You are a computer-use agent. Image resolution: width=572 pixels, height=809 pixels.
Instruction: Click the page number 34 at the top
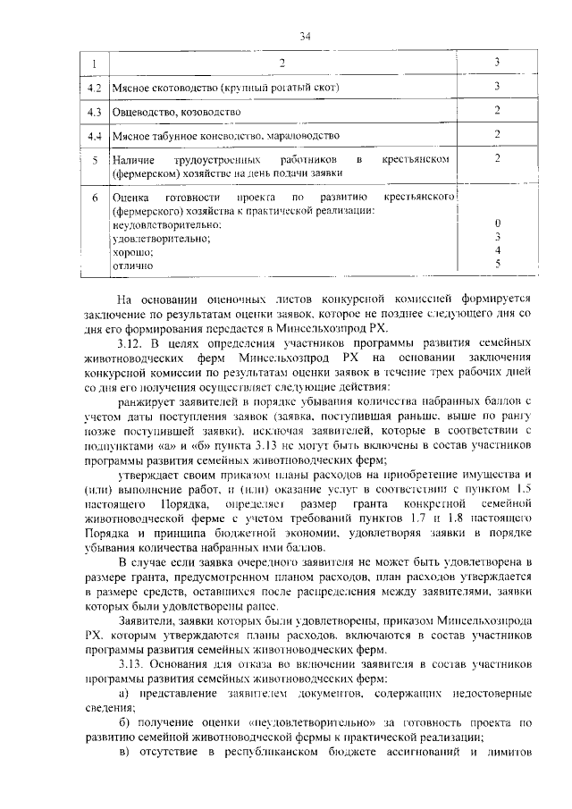(305, 36)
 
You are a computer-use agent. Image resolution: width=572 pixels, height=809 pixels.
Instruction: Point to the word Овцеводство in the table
(139, 112)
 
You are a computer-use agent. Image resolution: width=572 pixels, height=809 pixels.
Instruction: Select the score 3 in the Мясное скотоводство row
(497, 87)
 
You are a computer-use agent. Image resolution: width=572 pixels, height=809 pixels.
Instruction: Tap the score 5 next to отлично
(497, 264)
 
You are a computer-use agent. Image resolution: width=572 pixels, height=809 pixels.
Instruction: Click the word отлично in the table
(131, 265)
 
